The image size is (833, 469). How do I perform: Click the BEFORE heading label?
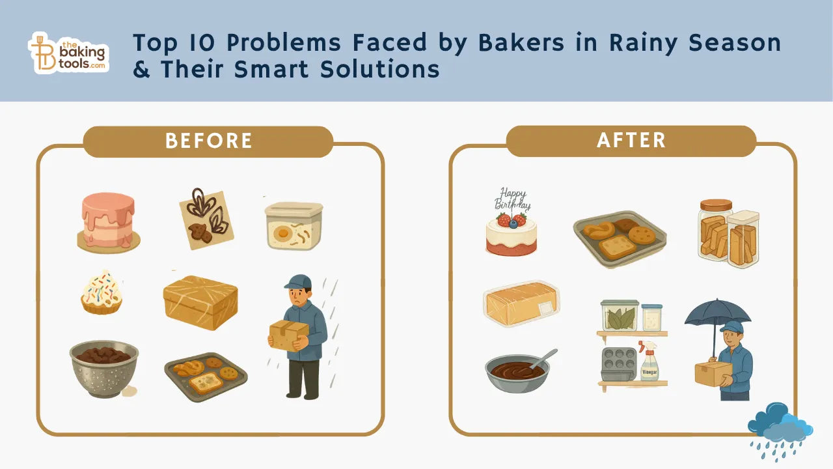[x=208, y=141]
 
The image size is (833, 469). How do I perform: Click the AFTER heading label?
[x=631, y=141]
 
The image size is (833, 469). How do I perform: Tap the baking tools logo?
[x=68, y=52]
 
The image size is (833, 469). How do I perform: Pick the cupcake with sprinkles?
[x=102, y=292]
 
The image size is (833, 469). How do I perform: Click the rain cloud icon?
[x=780, y=423]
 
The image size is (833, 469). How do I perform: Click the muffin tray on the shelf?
[x=618, y=363]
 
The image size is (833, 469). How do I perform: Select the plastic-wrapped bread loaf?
[x=521, y=303]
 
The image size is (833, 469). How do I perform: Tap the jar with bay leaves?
[x=619, y=315]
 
